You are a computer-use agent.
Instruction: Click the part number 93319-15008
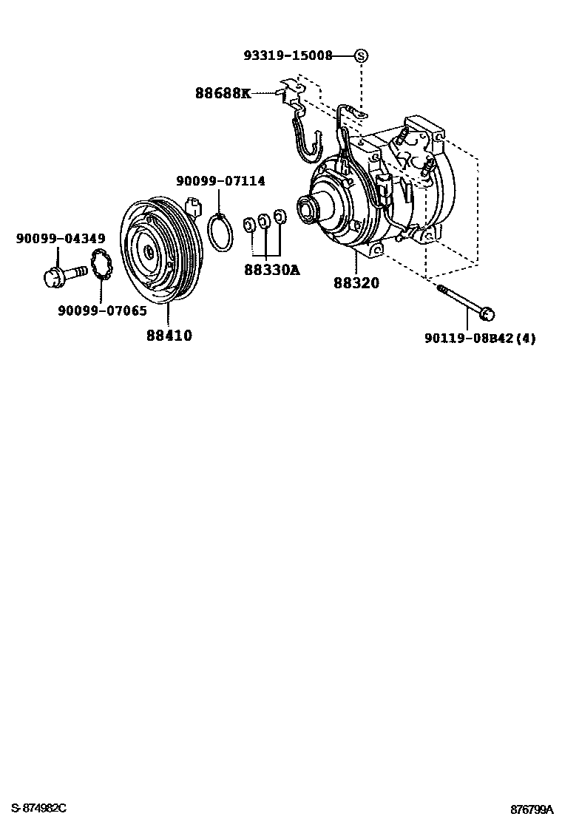click(288, 55)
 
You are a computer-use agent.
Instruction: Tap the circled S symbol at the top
click(361, 55)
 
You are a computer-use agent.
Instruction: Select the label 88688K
click(223, 93)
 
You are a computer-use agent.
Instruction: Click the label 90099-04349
click(61, 238)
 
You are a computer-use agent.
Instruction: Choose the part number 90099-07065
click(102, 310)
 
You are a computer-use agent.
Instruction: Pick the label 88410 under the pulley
click(169, 336)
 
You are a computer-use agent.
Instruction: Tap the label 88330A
click(271, 271)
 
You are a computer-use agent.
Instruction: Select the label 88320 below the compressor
click(356, 283)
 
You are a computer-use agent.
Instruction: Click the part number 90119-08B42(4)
click(480, 339)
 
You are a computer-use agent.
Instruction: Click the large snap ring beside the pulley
click(219, 231)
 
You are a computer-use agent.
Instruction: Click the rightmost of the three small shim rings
click(280, 217)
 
